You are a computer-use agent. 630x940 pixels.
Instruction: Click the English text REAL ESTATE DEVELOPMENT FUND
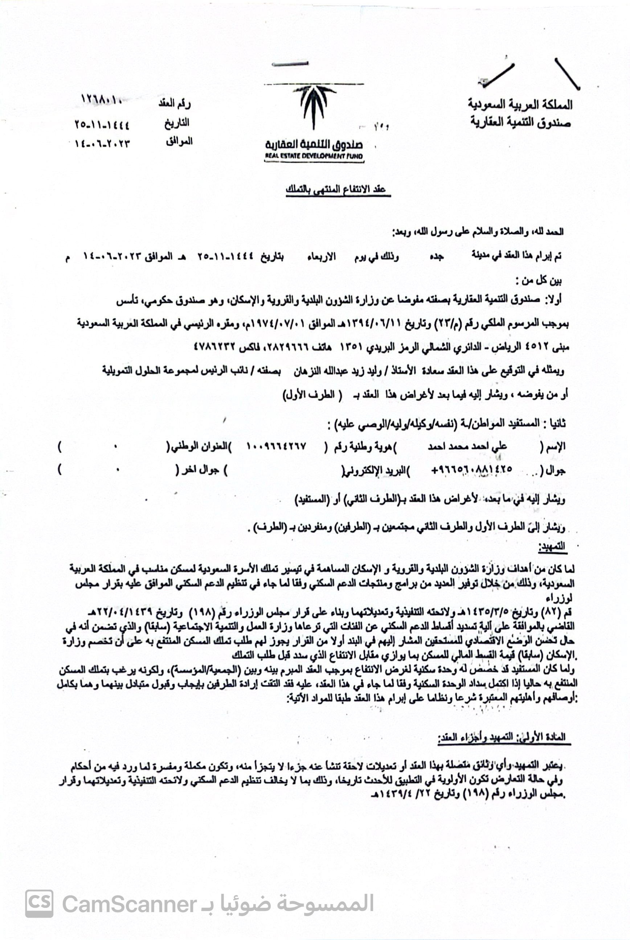314,156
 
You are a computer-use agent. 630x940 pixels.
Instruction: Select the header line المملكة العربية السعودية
520,105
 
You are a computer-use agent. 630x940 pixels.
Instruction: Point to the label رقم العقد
174,104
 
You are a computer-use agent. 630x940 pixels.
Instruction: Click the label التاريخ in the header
176,123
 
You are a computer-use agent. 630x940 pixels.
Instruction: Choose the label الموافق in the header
179,141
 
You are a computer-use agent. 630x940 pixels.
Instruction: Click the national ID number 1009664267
277,446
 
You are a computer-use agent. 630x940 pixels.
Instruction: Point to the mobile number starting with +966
471,469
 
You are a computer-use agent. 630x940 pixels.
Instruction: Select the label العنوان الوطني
199,446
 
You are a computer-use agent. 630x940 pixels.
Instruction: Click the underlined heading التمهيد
553,547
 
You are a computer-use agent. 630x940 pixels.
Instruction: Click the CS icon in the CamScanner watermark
39,903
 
